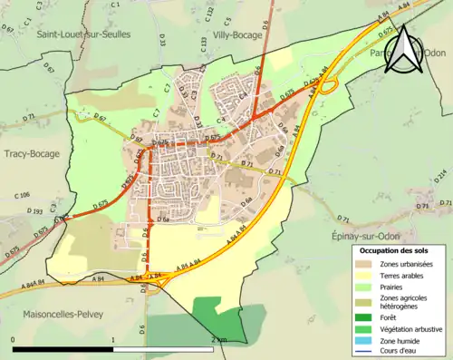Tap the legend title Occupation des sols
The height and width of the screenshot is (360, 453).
click(399, 249)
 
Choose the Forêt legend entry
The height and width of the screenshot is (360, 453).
click(390, 316)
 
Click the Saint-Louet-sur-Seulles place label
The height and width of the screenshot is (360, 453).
click(83, 34)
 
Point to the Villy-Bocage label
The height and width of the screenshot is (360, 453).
click(237, 35)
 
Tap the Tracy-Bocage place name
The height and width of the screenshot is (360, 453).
click(31, 153)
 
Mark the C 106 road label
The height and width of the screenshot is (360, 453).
click(24, 194)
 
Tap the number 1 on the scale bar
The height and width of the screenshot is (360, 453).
click(112, 339)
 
